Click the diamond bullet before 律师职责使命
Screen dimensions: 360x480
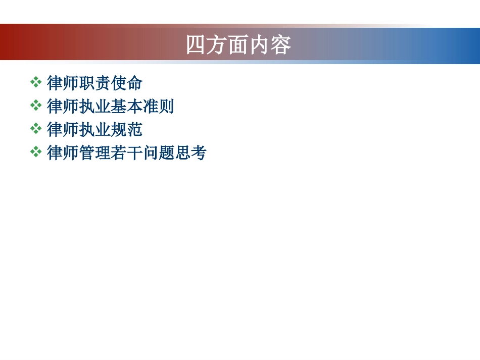click(36, 82)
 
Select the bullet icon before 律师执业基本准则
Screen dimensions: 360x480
click(36, 106)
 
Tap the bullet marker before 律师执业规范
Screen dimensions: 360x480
click(36, 129)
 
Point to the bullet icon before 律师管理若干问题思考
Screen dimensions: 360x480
click(36, 152)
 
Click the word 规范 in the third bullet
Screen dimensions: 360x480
click(126, 130)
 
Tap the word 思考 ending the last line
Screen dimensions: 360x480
click(190, 153)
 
